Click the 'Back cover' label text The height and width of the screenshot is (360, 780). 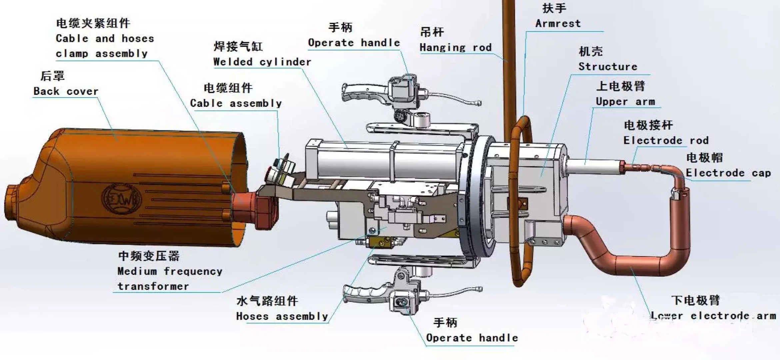(x=66, y=91)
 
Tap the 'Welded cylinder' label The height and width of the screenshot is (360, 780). (x=262, y=62)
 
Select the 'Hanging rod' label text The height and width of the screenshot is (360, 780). (x=455, y=47)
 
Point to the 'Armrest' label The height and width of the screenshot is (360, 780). (x=558, y=23)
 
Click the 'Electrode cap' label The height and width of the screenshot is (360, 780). (x=728, y=173)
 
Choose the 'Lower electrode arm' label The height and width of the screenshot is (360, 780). (x=713, y=315)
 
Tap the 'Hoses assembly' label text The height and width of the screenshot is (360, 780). (x=282, y=316)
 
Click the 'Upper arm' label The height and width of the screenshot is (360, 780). (x=625, y=101)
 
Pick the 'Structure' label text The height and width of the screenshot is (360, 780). (x=608, y=66)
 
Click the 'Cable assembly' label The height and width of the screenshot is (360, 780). (x=236, y=103)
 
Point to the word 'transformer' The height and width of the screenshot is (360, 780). (x=153, y=286)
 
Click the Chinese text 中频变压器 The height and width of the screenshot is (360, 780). (x=149, y=256)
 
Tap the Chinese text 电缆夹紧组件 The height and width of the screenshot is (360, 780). (x=93, y=23)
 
